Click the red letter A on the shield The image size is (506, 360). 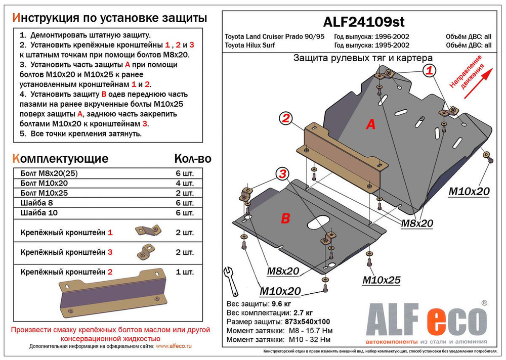point(370,124)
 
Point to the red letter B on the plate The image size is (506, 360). point(285,218)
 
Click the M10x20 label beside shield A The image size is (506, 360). point(469,191)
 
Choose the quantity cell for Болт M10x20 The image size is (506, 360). point(184,184)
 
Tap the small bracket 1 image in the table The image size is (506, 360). point(147,231)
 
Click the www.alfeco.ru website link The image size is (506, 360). point(174,346)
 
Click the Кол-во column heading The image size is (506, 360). point(192,159)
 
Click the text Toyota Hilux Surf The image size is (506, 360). point(254,45)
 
